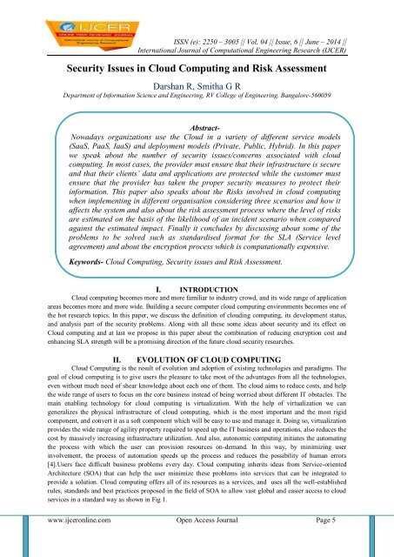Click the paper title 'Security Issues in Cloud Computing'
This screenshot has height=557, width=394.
click(x=197, y=66)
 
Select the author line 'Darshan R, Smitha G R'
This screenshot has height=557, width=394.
click(x=197, y=85)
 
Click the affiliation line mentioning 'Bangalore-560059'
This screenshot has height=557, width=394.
click(x=197, y=98)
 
